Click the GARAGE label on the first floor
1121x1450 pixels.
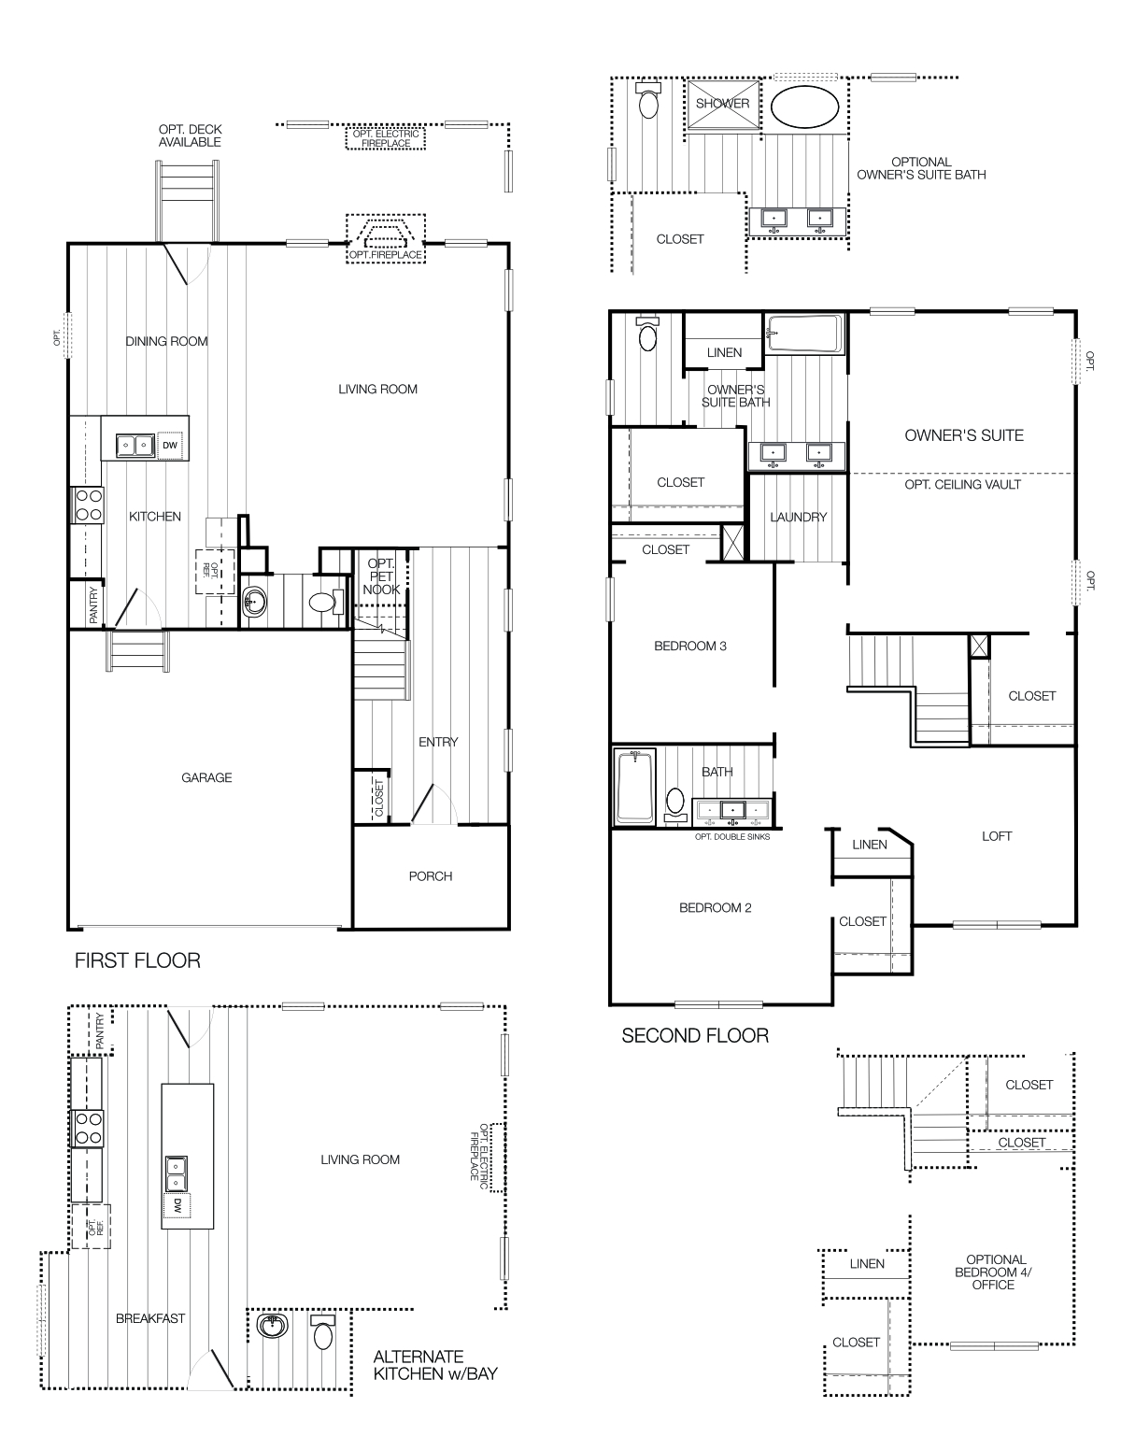206,777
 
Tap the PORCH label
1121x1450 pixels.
431,876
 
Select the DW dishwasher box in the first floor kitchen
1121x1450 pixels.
170,446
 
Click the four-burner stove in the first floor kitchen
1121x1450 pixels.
89,505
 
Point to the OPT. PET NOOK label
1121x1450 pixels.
381,576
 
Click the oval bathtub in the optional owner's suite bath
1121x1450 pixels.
804,107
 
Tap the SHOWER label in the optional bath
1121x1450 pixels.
722,104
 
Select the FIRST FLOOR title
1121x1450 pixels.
137,960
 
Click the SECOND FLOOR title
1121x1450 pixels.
695,1035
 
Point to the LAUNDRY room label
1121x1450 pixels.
798,517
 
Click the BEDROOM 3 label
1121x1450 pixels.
690,646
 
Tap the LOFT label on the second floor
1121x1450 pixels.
997,836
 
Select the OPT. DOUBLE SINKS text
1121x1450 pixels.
732,837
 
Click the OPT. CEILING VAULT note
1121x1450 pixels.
962,485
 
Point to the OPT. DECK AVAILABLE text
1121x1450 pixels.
190,135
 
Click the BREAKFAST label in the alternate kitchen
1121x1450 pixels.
150,1318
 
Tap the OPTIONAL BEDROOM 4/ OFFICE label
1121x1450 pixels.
995,1272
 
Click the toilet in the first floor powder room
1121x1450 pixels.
321,603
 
